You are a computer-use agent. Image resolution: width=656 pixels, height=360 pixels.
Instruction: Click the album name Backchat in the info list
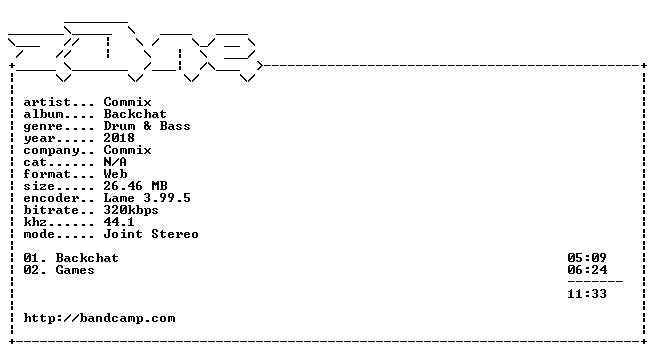pos(135,114)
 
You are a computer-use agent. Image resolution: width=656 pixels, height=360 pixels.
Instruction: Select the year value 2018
pos(119,138)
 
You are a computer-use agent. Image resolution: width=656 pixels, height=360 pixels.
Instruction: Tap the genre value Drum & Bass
pos(147,126)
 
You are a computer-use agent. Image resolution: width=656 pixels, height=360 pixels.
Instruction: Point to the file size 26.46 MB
pos(135,186)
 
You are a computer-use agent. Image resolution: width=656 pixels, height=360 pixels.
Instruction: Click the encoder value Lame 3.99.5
pos(147,198)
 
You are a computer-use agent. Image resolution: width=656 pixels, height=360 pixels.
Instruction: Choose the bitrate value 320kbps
pos(131,210)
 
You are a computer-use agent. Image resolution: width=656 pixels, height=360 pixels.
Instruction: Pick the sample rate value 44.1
pos(119,222)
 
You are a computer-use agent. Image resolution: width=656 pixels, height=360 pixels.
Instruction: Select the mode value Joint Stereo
pos(151,234)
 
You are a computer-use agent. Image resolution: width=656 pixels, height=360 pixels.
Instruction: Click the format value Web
pos(115,174)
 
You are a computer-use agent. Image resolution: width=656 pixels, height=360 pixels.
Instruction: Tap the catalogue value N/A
pos(115,162)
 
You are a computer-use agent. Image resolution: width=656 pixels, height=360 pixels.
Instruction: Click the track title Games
pos(75,270)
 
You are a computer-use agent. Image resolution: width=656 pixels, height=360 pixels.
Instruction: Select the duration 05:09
pos(587,258)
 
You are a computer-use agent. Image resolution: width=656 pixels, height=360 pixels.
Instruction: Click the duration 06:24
pos(587,270)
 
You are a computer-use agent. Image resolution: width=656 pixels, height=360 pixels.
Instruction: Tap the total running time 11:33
pos(587,294)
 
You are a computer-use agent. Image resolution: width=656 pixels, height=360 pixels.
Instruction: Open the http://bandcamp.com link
pos(99,318)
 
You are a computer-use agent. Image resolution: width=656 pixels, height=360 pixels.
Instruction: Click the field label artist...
pos(47,102)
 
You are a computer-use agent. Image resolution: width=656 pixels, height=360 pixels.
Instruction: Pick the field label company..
pos(51,151)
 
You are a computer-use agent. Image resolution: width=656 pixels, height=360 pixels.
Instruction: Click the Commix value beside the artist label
pos(127,102)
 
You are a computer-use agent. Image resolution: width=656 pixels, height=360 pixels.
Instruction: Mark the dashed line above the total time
pos(595,282)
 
